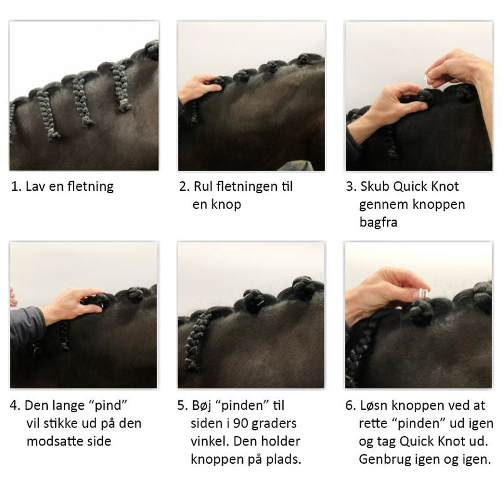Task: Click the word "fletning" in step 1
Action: point(90,186)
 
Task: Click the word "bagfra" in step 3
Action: point(378,222)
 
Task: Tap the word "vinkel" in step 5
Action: point(210,441)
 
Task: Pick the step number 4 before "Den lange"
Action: point(14,405)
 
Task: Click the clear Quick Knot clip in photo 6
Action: point(422,293)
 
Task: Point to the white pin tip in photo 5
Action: point(261,303)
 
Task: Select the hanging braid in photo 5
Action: point(196,342)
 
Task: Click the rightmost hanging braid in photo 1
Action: point(121,87)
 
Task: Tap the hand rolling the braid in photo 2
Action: point(199,88)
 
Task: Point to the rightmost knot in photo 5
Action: point(303,288)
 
